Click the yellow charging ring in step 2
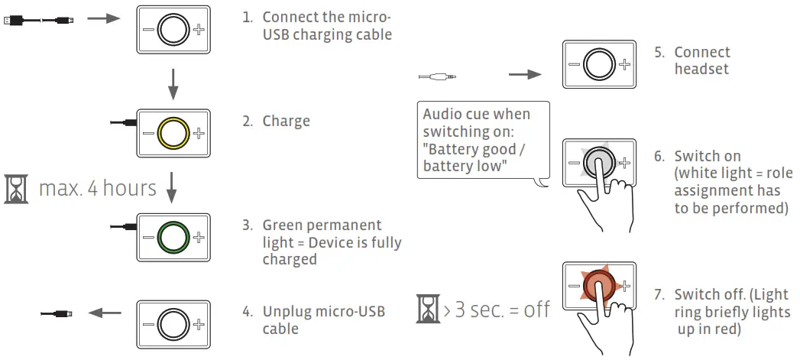172,134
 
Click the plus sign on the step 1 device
199,30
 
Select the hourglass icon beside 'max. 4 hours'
16,187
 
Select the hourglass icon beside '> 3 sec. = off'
426,309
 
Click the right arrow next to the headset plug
525,75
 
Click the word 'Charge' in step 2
286,121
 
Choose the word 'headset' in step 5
701,69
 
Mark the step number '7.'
660,295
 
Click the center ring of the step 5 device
598,63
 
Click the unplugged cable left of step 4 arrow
57,313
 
